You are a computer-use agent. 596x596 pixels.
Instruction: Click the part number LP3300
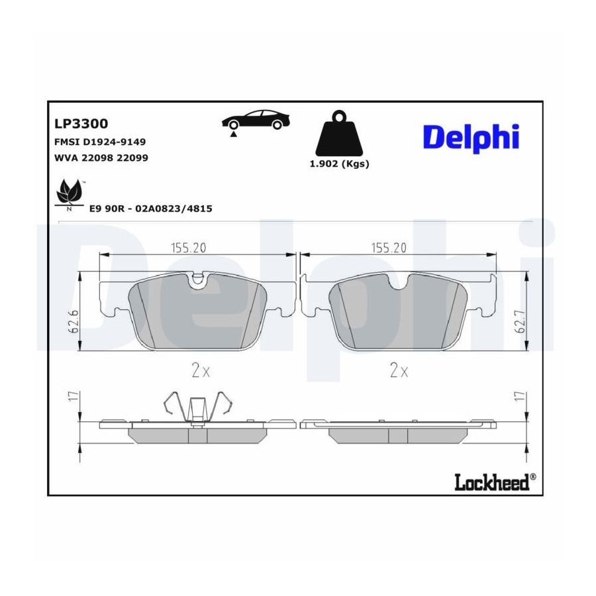pos(81,124)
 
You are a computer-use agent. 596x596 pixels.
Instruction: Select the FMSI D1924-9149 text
pos(100,142)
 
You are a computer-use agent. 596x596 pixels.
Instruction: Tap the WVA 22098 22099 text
pos(101,158)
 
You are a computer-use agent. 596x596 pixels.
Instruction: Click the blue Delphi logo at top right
pos(471,138)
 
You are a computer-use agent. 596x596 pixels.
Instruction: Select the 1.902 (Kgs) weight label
pos(340,164)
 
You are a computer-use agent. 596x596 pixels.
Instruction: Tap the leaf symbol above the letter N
pos(69,191)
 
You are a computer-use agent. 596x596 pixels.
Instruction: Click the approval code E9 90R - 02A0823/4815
pos(150,209)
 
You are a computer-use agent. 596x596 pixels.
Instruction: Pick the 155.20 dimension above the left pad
pos(189,248)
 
